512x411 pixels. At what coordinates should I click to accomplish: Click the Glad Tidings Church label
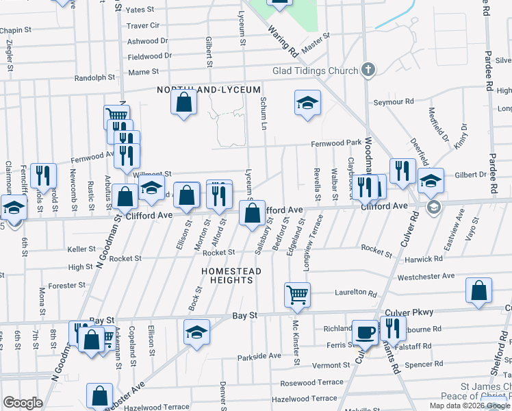315,71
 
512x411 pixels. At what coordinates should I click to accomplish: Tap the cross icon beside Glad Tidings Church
368,70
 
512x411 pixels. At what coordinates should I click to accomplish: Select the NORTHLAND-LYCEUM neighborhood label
209,90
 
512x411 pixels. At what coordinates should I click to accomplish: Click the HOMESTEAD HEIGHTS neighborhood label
231,275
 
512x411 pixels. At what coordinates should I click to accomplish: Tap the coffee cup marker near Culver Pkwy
365,332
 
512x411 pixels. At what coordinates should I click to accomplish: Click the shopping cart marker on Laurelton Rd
297,295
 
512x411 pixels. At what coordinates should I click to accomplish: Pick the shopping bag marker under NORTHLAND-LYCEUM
183,103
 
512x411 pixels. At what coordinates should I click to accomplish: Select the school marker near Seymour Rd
307,103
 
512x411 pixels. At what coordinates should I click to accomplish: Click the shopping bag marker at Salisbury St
252,215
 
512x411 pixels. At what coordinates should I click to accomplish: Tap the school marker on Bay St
196,332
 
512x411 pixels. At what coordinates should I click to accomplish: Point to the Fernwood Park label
336,142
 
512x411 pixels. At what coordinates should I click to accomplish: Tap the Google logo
23,403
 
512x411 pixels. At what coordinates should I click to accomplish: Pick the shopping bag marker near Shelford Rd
478,290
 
